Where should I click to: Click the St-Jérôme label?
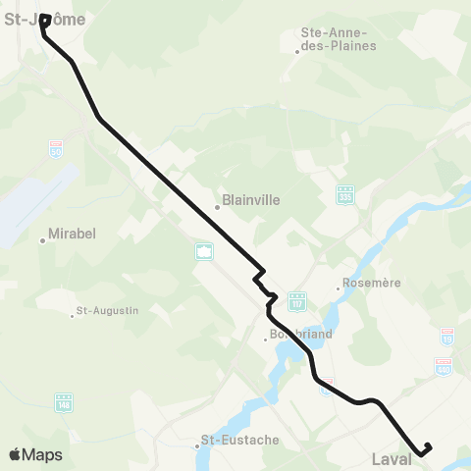pyautogui.click(x=45, y=18)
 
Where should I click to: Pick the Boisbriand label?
pyautogui.click(x=301, y=334)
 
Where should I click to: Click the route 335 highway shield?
pyautogui.click(x=344, y=194)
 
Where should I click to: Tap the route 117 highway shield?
pyautogui.click(x=298, y=298)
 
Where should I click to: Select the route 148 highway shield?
pyautogui.click(x=65, y=402)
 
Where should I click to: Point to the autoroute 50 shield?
pyautogui.click(x=56, y=148)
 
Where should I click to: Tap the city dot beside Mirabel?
pyautogui.click(x=43, y=239)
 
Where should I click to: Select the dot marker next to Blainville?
pyautogui.click(x=218, y=207)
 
